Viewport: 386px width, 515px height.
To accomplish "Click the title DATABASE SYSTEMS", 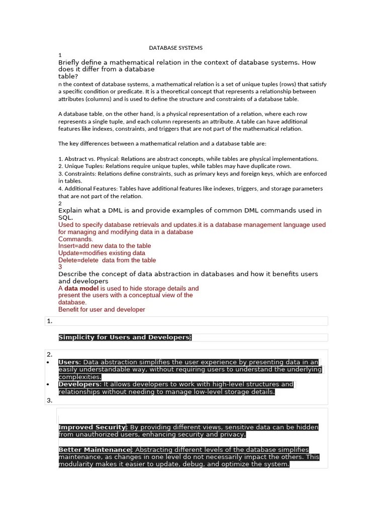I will coord(176,48).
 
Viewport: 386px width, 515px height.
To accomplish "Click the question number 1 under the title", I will coord(60,55).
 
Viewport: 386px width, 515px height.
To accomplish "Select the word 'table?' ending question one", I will coord(68,76).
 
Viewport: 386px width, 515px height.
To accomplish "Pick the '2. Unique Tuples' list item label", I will coord(79,166).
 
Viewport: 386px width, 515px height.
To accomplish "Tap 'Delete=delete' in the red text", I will coord(78,260).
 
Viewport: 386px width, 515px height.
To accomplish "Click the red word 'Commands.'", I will coord(76,239).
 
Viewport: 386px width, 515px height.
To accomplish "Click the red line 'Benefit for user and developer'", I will coord(102,309).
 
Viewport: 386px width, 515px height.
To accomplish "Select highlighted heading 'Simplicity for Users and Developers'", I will coord(125,337).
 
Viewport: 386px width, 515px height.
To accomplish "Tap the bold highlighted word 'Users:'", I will coord(70,362).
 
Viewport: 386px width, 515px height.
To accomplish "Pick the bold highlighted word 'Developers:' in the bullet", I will coord(80,384).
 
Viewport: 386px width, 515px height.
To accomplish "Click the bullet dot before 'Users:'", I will coord(47,362).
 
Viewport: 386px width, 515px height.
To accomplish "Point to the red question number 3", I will coord(60,267).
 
